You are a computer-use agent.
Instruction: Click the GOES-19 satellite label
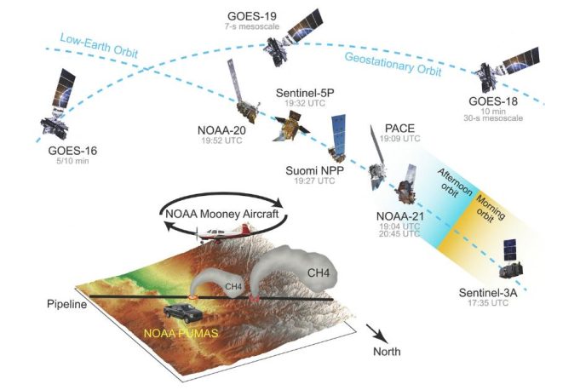tap(252, 16)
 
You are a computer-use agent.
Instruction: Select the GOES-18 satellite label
tap(493, 101)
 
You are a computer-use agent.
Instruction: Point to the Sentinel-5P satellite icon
tap(291, 126)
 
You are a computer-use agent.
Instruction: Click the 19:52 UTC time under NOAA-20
tap(222, 141)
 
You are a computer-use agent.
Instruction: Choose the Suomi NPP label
tap(315, 171)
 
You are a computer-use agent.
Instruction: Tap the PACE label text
tap(399, 129)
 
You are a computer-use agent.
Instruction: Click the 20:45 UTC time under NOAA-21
tap(399, 233)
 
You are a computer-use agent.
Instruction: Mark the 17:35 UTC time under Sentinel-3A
tap(488, 303)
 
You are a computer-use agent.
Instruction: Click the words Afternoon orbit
tap(452, 182)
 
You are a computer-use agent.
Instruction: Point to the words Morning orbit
tap(489, 209)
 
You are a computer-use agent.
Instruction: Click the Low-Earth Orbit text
tap(99, 46)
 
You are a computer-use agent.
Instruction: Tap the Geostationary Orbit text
tap(393, 64)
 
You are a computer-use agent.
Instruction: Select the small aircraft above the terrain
tap(224, 233)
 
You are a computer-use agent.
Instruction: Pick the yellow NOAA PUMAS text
tap(181, 333)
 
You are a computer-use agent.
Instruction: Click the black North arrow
tap(377, 334)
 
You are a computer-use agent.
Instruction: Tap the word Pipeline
tap(67, 304)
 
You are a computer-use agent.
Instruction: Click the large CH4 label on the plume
tap(319, 273)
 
